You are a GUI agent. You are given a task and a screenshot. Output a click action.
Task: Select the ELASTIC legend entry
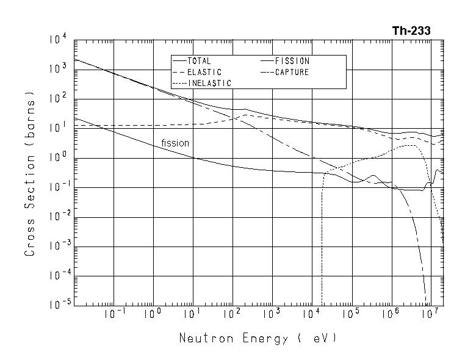point(204,72)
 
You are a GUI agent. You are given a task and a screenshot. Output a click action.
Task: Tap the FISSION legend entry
point(292,61)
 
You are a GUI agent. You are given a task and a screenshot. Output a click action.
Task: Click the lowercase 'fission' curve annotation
point(175,143)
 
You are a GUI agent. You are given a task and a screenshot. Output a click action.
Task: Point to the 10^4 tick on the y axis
point(59,40)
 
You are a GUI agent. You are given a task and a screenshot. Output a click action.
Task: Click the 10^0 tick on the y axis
point(59,158)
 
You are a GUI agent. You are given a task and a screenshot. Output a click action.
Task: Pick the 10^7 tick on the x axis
point(430,314)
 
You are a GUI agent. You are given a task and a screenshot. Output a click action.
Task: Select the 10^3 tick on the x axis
point(272,314)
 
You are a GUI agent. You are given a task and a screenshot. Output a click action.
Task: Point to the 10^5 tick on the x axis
point(351,314)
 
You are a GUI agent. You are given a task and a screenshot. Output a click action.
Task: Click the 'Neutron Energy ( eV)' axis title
point(257,338)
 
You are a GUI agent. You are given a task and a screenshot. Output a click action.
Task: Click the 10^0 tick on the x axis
point(153,314)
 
